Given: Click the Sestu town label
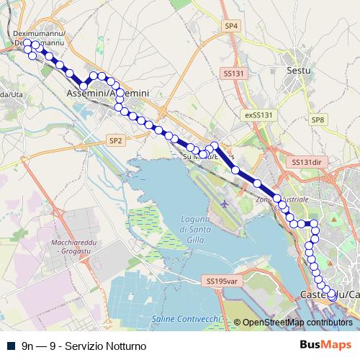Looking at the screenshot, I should point(298,71).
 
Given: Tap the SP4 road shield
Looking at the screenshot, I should point(230,26).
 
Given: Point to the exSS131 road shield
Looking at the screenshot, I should point(259,115).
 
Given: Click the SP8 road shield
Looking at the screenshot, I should point(318,120).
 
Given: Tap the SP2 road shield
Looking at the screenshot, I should point(115,140).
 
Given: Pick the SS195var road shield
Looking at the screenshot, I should point(221,282).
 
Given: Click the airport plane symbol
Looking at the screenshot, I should point(225,204).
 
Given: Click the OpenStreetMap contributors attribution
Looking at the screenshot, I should point(297,322).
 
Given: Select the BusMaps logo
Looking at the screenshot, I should point(325,345).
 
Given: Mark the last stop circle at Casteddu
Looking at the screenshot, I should point(332,294).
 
